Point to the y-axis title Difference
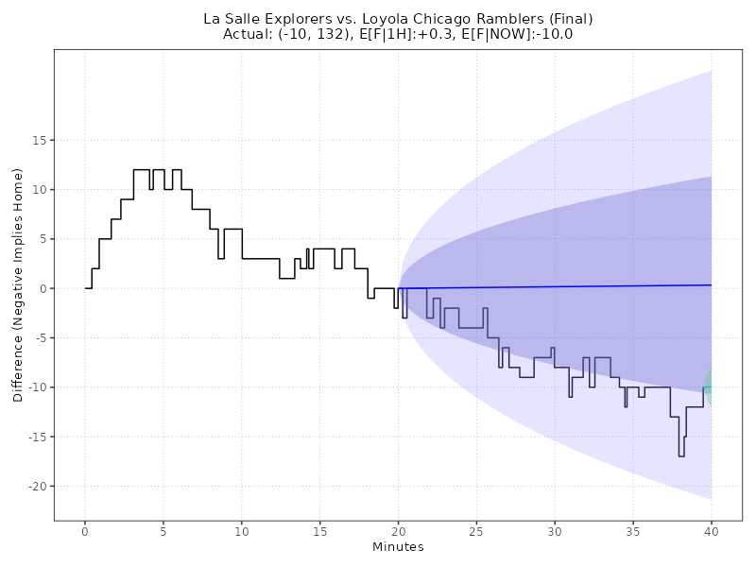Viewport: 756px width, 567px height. point(18,284)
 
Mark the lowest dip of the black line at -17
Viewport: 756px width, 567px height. point(681,455)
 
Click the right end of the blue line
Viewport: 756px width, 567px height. point(711,285)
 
